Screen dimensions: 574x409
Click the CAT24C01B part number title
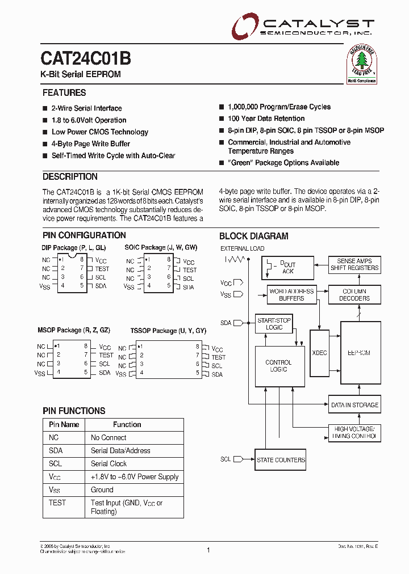coord(86,58)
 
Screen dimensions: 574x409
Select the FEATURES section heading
coord(64,92)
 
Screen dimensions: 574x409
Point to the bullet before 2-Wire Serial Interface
coord(45,108)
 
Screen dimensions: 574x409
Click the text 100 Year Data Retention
coord(266,119)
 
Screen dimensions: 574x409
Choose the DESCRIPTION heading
coord(70,176)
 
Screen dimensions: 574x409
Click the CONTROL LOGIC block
coord(278,366)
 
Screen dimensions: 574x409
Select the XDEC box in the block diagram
coord(320,352)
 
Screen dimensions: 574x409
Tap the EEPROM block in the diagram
coord(360,352)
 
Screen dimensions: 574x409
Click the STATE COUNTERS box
coord(281,460)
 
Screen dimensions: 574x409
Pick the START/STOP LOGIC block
coord(274,324)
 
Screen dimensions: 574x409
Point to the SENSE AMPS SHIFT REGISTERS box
coord(354,264)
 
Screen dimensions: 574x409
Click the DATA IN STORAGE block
coord(354,405)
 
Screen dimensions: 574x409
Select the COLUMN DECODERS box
coord(354,294)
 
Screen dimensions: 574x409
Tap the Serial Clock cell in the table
coord(108,463)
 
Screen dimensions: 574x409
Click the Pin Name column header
coord(64,424)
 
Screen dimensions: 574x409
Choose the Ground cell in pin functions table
coord(102,489)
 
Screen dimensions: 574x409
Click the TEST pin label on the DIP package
coord(102,269)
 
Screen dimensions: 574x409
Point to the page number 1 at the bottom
coord(208,550)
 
